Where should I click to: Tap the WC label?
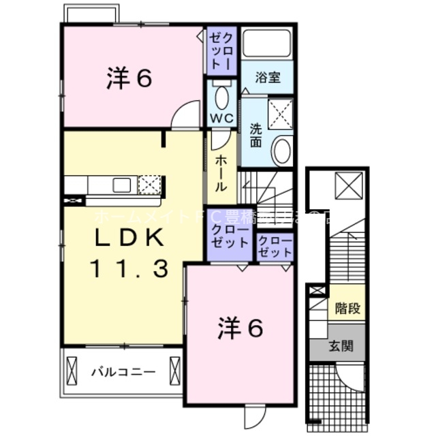(x=221, y=119)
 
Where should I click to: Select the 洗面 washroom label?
(x=256, y=135)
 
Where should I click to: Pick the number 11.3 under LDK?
(x=129, y=270)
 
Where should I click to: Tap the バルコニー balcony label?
(x=123, y=372)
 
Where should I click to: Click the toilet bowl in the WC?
(x=222, y=97)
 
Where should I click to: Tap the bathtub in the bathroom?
(x=267, y=44)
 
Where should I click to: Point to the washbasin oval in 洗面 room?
(x=281, y=150)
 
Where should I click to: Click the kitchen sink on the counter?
(x=123, y=184)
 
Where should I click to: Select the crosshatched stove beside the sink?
(x=150, y=184)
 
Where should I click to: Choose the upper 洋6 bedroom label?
(x=129, y=79)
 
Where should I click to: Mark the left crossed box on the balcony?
(x=74, y=372)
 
